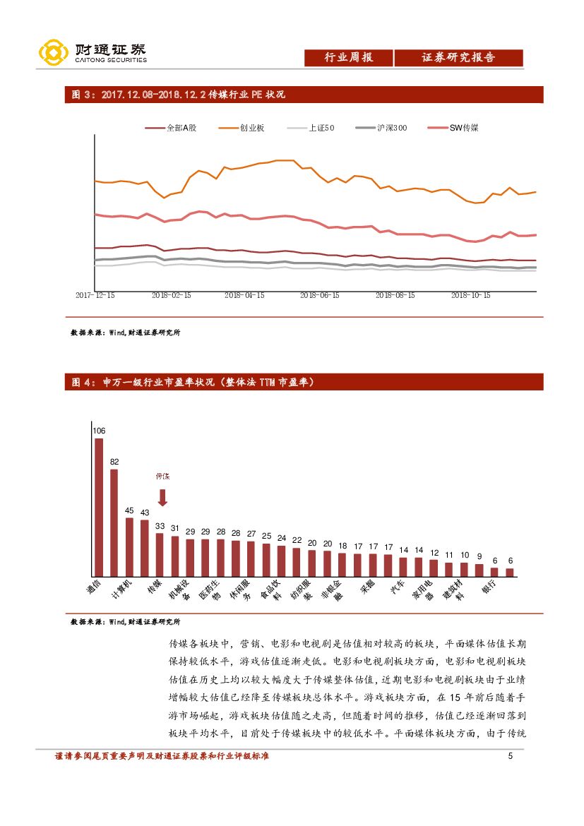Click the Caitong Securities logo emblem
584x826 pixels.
coord(53,53)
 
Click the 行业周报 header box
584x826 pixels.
coord(348,58)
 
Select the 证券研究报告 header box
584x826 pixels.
coord(458,58)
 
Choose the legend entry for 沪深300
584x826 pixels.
coord(381,128)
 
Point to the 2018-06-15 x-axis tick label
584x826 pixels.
coord(319,296)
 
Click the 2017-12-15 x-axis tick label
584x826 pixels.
coord(95,296)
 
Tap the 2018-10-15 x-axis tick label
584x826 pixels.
coord(470,296)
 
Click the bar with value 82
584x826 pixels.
coord(114,522)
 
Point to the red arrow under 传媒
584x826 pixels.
coord(162,498)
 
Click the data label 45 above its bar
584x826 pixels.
coord(129,510)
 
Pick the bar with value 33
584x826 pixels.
coord(160,555)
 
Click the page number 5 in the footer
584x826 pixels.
coord(510,757)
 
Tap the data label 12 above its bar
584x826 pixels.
coord(435,552)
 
